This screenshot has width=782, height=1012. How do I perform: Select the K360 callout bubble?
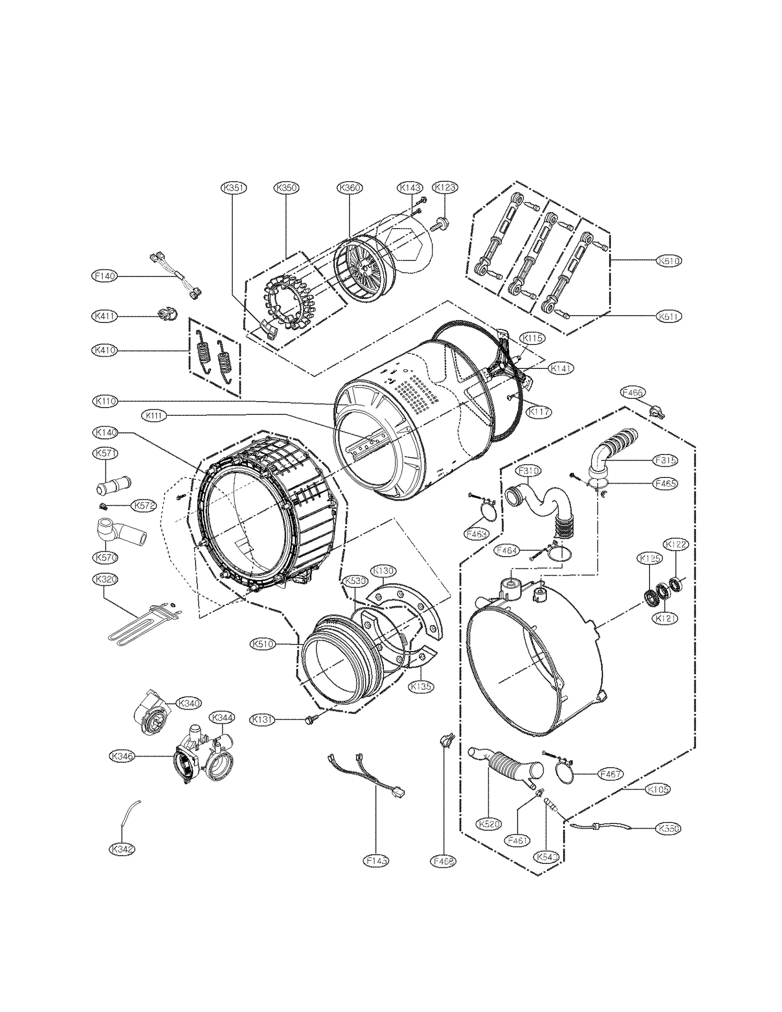pyautogui.click(x=350, y=188)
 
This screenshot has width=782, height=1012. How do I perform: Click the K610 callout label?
pyautogui.click(x=669, y=261)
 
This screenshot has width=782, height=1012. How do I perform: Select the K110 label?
pyautogui.click(x=105, y=401)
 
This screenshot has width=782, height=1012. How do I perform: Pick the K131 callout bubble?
pyautogui.click(x=262, y=720)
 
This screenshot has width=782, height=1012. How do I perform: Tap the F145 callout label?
pyautogui.click(x=376, y=861)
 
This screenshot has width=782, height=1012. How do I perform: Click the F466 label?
pyautogui.click(x=633, y=392)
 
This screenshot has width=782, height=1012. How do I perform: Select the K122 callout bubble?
pyautogui.click(x=675, y=545)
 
